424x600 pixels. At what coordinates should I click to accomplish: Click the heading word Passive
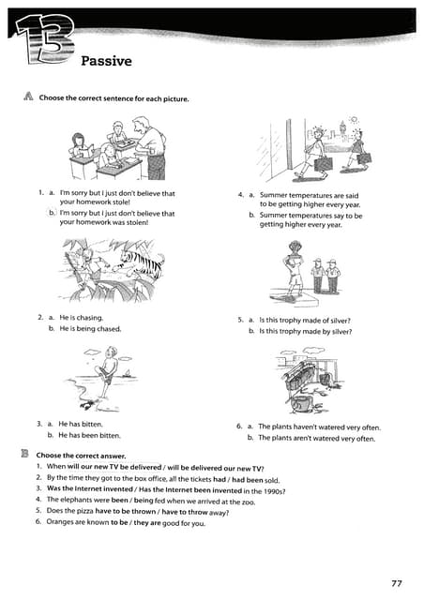coord(106,62)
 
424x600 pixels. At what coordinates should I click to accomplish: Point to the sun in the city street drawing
coord(354,121)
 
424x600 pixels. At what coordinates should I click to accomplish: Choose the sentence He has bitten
coord(84,424)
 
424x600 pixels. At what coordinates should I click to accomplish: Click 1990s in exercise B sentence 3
coord(271,489)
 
